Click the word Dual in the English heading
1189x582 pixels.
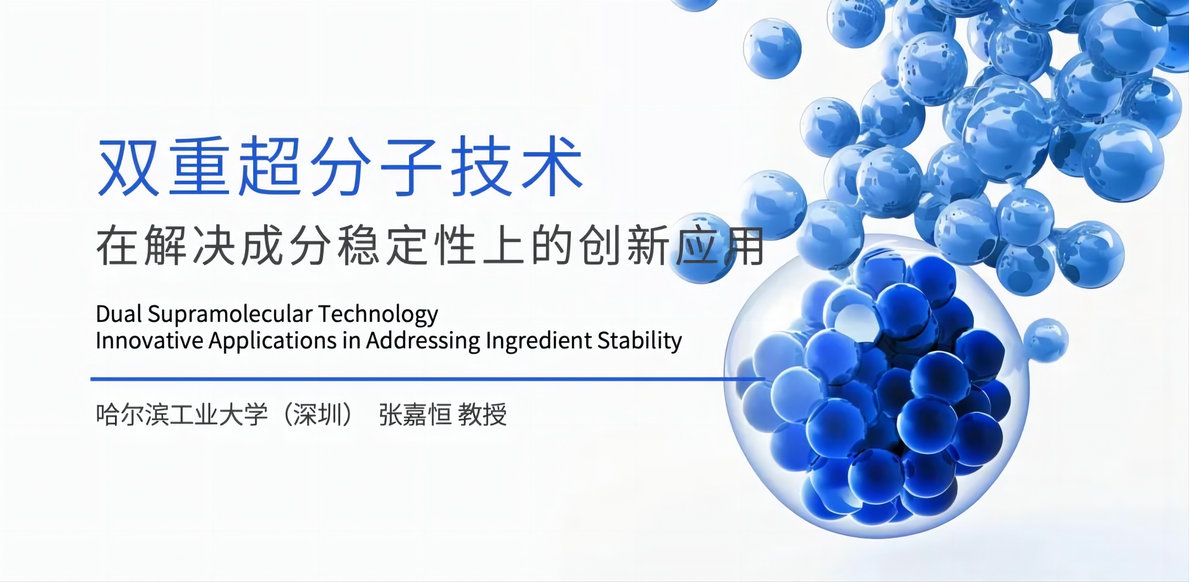tap(119, 314)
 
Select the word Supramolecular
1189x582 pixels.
tap(230, 315)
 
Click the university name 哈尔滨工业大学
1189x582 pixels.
tap(182, 414)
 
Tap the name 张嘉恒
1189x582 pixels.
tap(415, 414)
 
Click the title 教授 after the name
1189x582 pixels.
tap(482, 414)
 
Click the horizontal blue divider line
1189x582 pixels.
tap(428, 379)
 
